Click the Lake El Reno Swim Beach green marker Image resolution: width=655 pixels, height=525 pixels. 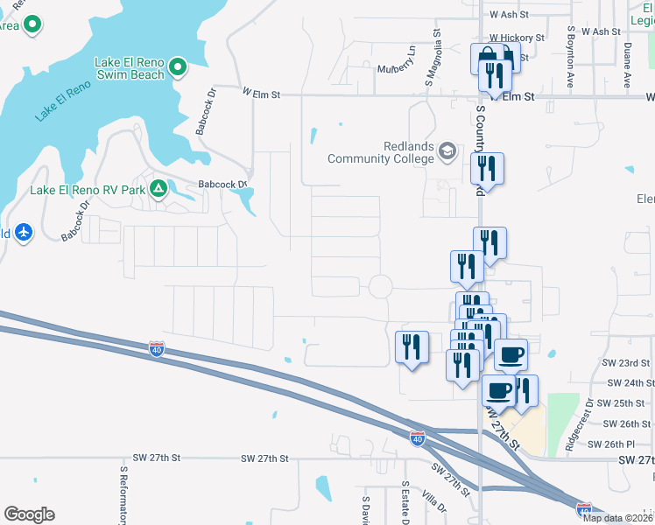pos(178,66)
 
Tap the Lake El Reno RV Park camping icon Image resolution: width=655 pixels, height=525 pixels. pos(158,188)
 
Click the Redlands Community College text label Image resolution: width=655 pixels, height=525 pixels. pos(382,153)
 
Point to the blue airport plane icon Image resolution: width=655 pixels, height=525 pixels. pos(23,233)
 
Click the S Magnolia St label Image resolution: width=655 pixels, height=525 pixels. pos(432,59)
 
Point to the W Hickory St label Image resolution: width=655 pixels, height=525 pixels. pos(517,38)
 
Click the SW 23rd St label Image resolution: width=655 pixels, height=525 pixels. pos(626,362)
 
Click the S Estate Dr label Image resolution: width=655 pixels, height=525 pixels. pos(405,503)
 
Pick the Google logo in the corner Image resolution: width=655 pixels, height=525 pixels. pos(29,514)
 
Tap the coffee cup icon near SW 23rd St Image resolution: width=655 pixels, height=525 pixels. pos(511,355)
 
